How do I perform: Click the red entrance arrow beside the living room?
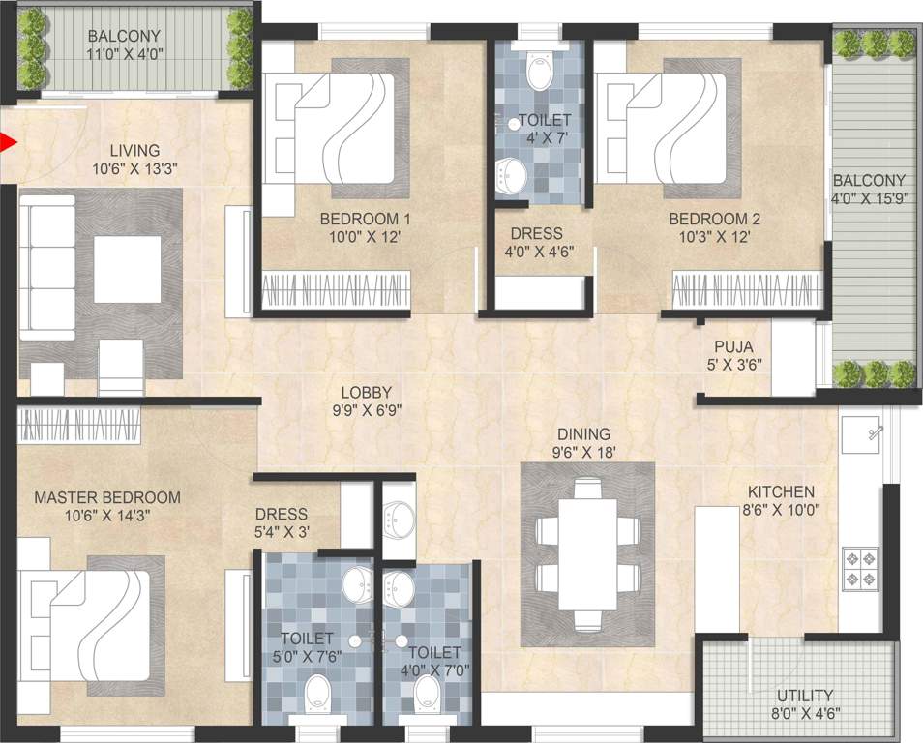(9, 144)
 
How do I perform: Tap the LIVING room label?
(134, 150)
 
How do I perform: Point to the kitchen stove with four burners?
(859, 568)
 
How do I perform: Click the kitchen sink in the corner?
(866, 432)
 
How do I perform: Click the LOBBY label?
(366, 392)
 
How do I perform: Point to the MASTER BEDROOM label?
(107, 497)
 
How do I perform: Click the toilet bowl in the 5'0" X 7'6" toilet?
(318, 693)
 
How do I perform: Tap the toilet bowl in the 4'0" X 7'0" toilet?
(427, 692)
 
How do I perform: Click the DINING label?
(582, 434)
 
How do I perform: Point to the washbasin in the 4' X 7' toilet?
(515, 175)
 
